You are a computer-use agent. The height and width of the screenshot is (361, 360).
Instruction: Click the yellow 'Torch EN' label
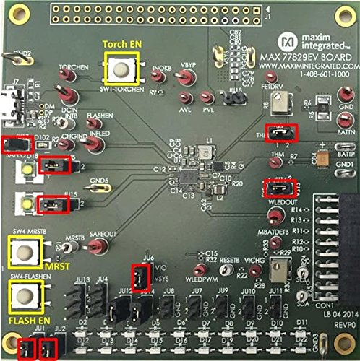pyautogui.click(x=122, y=44)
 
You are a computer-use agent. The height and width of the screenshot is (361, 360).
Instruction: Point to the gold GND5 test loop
pyautogui.click(x=99, y=188)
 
